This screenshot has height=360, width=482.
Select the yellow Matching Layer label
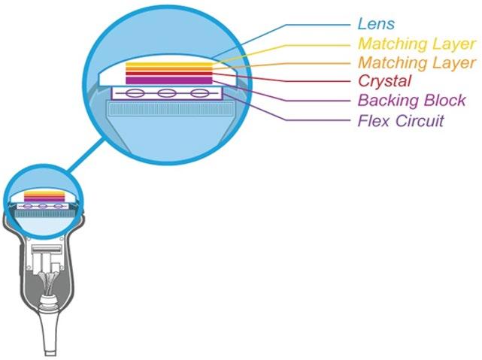[x=416, y=44]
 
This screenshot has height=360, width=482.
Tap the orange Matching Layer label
[x=416, y=62]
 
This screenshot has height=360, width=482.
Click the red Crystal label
[x=385, y=81]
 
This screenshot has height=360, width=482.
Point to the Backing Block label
[x=411, y=101]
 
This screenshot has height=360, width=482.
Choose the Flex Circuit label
[x=401, y=120]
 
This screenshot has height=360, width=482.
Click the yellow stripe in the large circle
[x=168, y=65]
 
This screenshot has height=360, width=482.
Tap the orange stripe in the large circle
[x=168, y=70]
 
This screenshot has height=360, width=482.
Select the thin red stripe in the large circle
[x=168, y=74]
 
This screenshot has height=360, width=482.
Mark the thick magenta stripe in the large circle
[x=168, y=80]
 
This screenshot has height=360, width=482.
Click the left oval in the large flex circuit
[x=134, y=94]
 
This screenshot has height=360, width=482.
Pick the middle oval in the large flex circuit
[x=166, y=94]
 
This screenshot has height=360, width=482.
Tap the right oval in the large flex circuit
[x=199, y=94]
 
